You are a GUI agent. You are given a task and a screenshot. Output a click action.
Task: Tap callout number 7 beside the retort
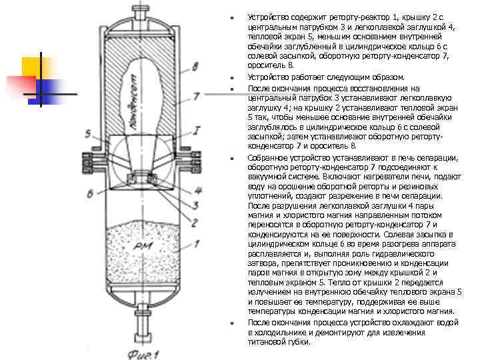[x=195, y=95]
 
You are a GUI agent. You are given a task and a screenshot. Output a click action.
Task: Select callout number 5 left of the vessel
[x=88, y=134]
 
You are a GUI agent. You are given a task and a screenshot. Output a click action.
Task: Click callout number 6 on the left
[x=89, y=193]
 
